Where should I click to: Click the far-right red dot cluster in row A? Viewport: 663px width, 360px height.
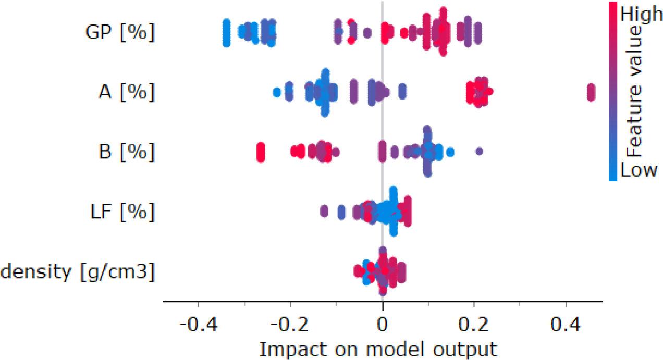point(591,93)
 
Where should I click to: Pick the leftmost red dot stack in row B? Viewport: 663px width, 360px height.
point(261,152)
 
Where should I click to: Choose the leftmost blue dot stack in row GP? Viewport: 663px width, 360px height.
point(226,32)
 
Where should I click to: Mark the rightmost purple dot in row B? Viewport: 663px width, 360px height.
point(480,152)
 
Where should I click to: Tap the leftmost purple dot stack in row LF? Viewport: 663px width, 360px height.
point(324,212)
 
